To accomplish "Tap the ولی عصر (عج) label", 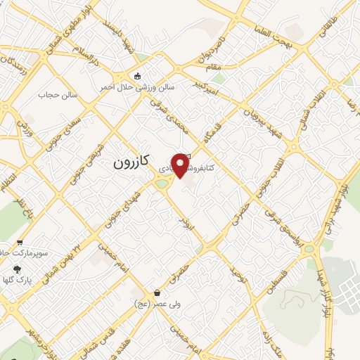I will tap(154, 304).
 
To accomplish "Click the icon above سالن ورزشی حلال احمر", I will tap(138, 75).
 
